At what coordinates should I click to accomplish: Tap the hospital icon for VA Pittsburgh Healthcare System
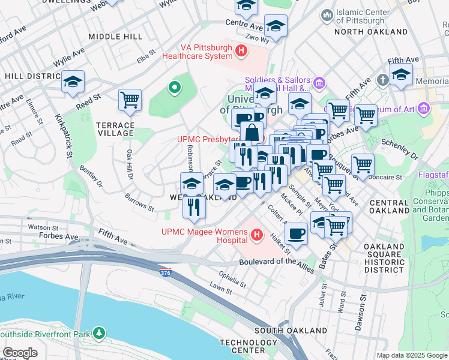(x=241, y=51)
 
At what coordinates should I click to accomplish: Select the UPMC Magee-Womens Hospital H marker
(x=258, y=234)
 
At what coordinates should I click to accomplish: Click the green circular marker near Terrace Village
(x=175, y=88)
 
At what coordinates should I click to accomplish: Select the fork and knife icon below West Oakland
(x=194, y=207)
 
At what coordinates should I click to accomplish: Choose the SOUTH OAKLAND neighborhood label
(x=281, y=331)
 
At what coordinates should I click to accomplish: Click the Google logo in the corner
(x=20, y=353)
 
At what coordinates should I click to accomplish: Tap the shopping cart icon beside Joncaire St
(x=363, y=164)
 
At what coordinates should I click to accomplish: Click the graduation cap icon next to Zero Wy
(x=276, y=26)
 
